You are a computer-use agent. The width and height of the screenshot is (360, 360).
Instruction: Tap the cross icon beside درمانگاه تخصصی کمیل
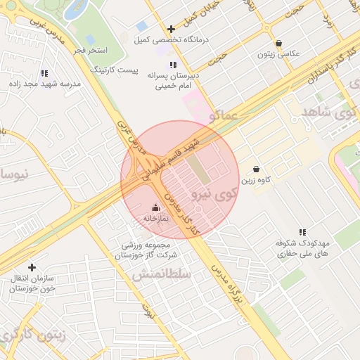point(172,29)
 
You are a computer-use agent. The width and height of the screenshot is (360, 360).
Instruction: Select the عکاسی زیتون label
point(279,54)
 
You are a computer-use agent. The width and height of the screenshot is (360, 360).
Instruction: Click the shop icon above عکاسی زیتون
point(279,43)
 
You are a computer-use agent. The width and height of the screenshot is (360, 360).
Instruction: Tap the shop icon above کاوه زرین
point(256,169)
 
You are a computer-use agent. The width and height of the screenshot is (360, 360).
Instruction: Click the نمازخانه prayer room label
point(156,219)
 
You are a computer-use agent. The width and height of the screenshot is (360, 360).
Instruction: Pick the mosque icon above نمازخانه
point(156,208)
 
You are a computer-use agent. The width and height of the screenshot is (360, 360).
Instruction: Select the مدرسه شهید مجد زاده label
point(43,84)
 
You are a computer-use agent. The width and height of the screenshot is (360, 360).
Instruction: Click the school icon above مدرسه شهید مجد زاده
point(44,72)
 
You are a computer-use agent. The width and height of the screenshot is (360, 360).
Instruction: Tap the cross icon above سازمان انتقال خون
point(32,267)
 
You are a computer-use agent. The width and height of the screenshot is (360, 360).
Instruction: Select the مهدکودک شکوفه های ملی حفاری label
point(303,247)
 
